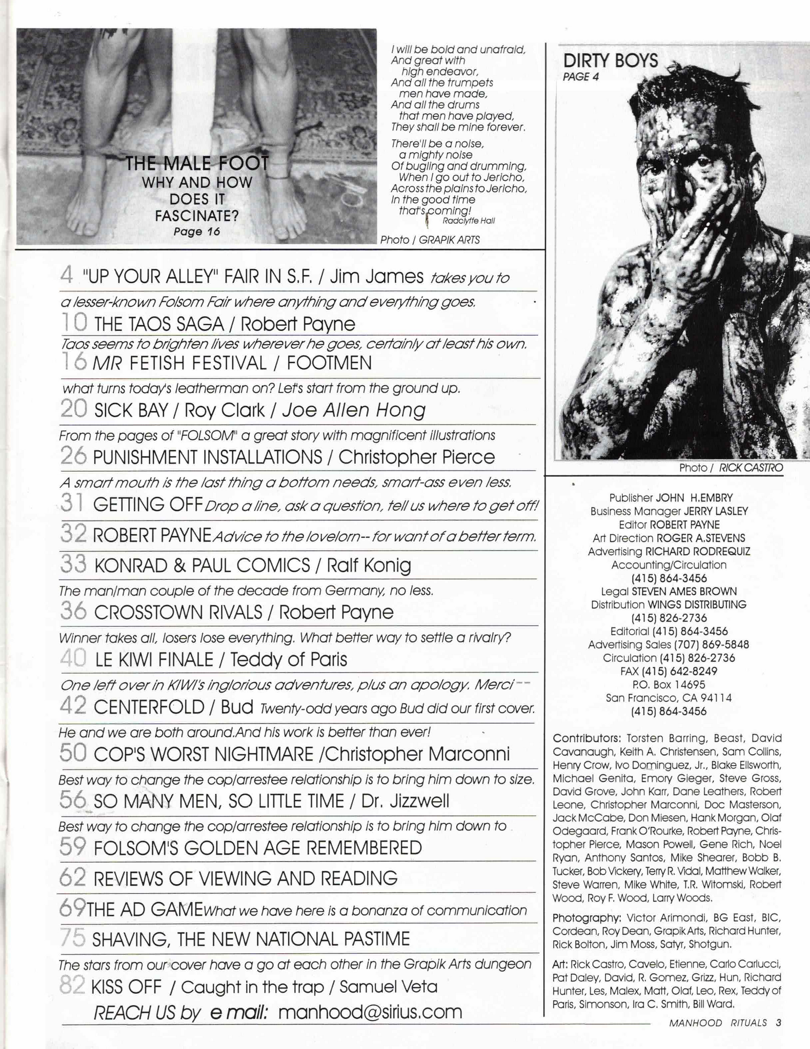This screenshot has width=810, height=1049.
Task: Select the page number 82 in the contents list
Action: click(72, 986)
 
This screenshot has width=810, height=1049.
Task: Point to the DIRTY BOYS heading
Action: click(610, 61)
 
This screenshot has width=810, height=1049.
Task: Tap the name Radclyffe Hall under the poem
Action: click(468, 221)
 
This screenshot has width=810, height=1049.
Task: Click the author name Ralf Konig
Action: click(369, 565)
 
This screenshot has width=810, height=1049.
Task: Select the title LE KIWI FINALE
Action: click(154, 659)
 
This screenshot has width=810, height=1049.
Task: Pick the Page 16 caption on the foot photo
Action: click(196, 232)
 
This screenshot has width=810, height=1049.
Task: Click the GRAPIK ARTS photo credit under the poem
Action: click(449, 240)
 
